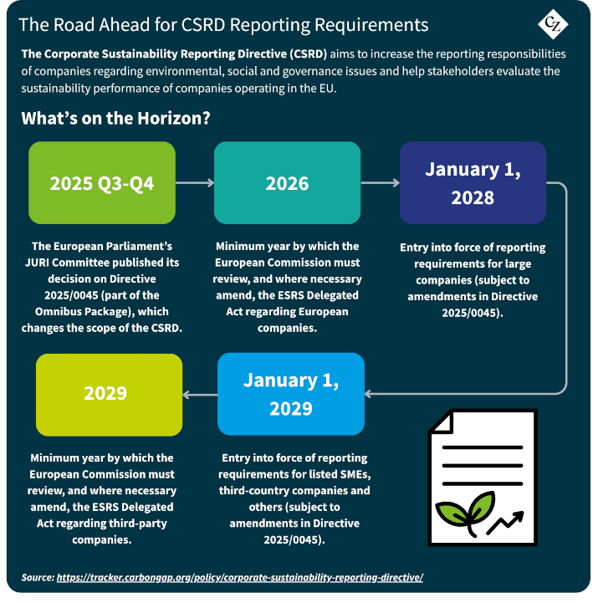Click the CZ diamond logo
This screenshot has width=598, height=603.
pyautogui.click(x=553, y=24)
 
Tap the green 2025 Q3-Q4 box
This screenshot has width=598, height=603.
pyautogui.click(x=102, y=182)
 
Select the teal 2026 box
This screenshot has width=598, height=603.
pyautogui.click(x=287, y=182)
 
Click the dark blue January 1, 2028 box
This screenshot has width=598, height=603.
pyautogui.click(x=473, y=182)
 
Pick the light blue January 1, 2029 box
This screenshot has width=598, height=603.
pyautogui.click(x=291, y=394)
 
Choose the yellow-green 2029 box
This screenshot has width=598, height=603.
pyautogui.click(x=110, y=395)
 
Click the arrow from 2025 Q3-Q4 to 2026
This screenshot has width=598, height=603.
pyautogui.click(x=195, y=182)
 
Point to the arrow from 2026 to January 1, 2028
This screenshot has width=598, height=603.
pyautogui.click(x=381, y=182)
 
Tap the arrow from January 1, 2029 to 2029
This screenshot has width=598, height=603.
pyautogui.click(x=200, y=395)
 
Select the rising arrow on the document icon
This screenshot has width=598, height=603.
pyautogui.click(x=505, y=522)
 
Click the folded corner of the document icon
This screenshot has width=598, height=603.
pyautogui.click(x=442, y=422)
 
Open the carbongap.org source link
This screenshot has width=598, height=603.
pyautogui.click(x=240, y=577)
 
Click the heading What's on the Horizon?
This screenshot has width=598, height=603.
pyautogui.click(x=115, y=118)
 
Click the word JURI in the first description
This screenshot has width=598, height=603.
pyautogui.click(x=37, y=263)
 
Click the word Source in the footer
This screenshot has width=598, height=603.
pyautogui.click(x=38, y=577)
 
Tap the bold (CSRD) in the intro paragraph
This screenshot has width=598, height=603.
pyautogui.click(x=309, y=54)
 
